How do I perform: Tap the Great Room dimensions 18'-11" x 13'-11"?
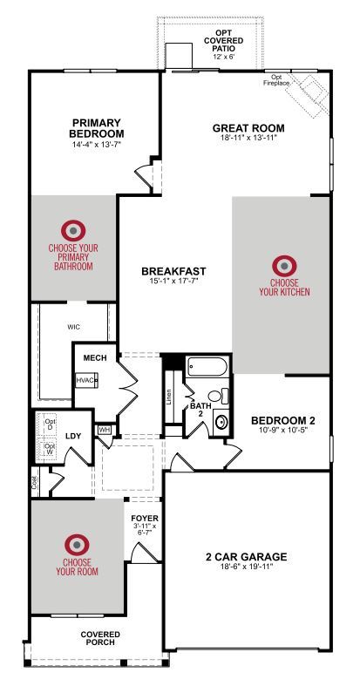(x=248, y=138)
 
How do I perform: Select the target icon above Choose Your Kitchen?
(x=284, y=266)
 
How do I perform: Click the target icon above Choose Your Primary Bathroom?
(x=73, y=231)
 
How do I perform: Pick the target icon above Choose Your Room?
(x=77, y=545)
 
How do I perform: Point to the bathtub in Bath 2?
(x=207, y=367)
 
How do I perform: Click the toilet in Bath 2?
(x=218, y=397)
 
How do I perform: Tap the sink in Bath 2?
(x=221, y=422)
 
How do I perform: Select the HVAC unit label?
(x=85, y=380)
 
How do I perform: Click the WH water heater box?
(x=104, y=430)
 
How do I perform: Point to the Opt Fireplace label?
(x=276, y=79)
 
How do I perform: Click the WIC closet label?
(x=73, y=327)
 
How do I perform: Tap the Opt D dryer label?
(x=50, y=425)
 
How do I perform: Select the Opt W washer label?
(x=50, y=448)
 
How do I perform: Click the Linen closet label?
(x=169, y=397)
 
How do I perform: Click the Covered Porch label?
(x=100, y=638)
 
